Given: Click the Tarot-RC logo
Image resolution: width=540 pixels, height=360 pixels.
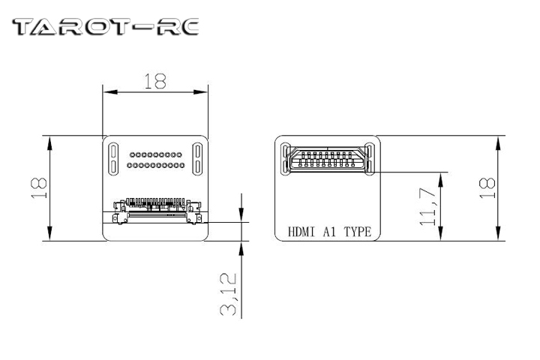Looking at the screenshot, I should point(106,28).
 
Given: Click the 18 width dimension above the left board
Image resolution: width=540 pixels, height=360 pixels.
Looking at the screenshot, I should point(155,82).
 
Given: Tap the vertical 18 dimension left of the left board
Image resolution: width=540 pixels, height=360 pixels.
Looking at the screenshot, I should point(39,187).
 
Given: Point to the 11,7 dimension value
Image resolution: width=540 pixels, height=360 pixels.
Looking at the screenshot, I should point(427,207).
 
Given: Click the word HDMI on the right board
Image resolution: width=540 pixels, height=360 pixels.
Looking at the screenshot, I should point(302,232).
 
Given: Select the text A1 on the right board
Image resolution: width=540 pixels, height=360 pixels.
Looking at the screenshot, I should point(331,232).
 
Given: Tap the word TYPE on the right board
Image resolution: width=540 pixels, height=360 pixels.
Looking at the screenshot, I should point(357,232).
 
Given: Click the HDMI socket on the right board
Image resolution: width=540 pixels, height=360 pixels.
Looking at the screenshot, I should point(328,160).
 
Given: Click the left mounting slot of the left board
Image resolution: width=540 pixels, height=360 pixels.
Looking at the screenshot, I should point(113,158).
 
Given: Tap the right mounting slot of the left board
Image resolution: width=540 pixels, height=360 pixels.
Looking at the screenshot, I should point(198,158).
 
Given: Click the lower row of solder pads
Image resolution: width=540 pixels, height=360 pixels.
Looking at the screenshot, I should point(155,163).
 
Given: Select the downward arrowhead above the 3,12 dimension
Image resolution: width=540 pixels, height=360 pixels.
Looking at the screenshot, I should point(241,217).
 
